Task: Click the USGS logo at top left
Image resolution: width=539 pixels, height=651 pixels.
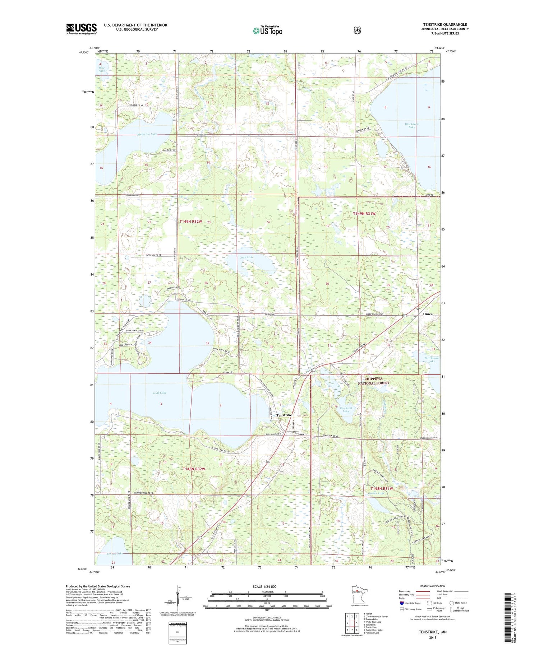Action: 81,28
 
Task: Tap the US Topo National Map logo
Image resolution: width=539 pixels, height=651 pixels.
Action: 267,30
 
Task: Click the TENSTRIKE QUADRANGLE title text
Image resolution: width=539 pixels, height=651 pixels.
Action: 445,24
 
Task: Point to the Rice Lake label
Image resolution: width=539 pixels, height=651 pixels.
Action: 102,69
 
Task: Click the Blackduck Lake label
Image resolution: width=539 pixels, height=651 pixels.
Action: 412,125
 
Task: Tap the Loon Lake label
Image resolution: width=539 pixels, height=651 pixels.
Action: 247,257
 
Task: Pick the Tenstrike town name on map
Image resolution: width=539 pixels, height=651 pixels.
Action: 284,415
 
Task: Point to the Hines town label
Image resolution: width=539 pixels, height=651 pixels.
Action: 428,314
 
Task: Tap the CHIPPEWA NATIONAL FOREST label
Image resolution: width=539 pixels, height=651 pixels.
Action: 373,381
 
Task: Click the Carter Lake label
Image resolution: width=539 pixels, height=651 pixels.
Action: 376,493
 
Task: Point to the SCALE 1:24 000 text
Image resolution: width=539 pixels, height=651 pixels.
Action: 267,586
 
